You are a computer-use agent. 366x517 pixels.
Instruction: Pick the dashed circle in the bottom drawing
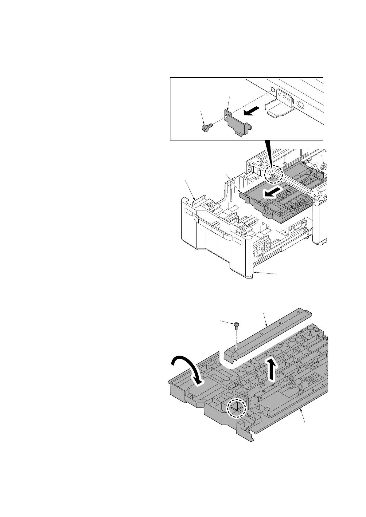click(x=236, y=409)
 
